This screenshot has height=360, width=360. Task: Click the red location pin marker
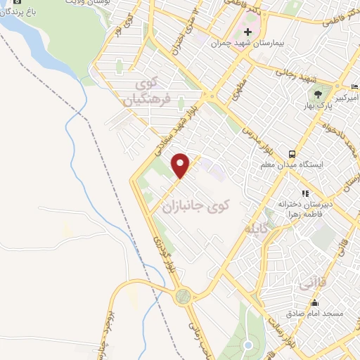pos(181,165)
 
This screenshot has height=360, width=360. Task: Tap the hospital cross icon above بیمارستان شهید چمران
pos(247,32)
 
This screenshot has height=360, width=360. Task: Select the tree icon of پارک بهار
pos(319,93)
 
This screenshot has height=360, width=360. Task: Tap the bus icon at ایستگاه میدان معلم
pos(290,154)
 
